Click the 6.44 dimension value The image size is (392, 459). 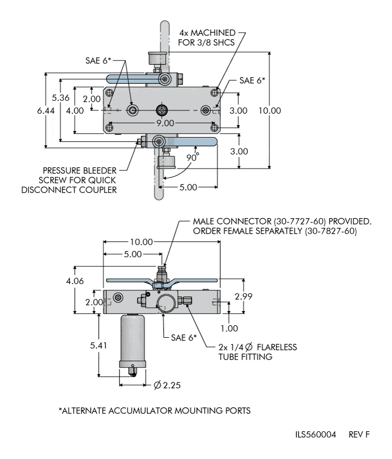[46, 110]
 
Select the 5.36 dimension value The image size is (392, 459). [60, 97]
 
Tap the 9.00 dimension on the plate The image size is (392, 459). [165, 123]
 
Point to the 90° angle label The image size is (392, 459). [192, 157]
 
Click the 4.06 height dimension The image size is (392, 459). [75, 281]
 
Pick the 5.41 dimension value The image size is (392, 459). [98, 346]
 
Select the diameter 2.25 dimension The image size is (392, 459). [167, 385]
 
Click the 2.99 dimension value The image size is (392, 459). [244, 296]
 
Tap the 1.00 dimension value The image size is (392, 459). [229, 328]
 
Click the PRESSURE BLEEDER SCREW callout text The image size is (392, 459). [69, 180]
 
